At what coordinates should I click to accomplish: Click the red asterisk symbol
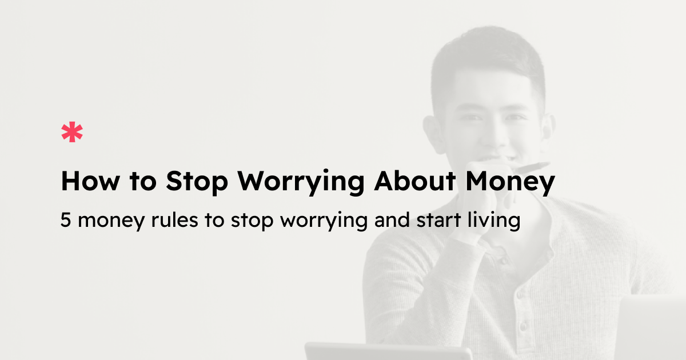click(x=72, y=132)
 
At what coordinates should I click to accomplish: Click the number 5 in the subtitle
click(x=65, y=221)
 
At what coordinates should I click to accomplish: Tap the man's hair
click(x=486, y=63)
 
